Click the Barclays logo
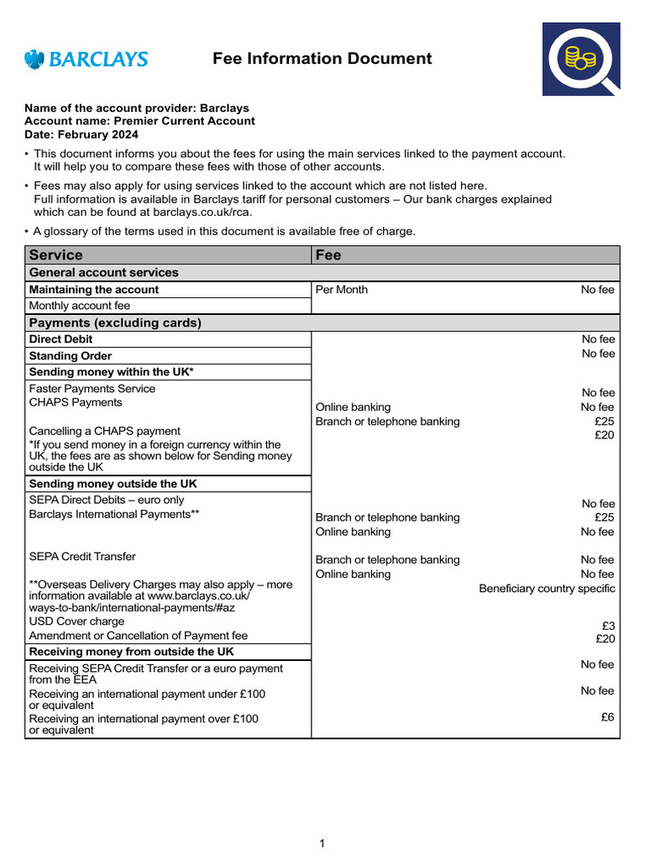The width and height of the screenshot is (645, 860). click(x=86, y=59)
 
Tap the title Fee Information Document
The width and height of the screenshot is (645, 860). click(x=322, y=59)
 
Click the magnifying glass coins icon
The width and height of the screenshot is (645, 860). click(x=580, y=60)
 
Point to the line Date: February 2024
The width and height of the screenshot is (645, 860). click(x=81, y=134)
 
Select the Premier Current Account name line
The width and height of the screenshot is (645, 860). click(x=139, y=121)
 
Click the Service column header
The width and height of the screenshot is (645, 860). click(x=56, y=254)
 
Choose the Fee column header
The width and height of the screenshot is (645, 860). click(x=328, y=254)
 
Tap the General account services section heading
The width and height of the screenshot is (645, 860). click(x=103, y=273)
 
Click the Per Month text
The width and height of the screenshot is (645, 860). click(x=341, y=290)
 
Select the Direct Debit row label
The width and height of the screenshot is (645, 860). click(x=60, y=339)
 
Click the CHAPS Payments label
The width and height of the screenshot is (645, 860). click(x=76, y=403)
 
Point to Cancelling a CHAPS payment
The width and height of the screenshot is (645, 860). click(x=104, y=431)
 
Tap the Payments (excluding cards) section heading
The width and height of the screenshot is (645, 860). click(x=115, y=322)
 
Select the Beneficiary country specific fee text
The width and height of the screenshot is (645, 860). click(x=547, y=589)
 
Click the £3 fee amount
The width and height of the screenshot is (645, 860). click(x=608, y=626)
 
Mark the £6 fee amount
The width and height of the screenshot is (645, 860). click(x=608, y=717)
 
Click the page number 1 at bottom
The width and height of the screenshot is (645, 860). click(x=322, y=843)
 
